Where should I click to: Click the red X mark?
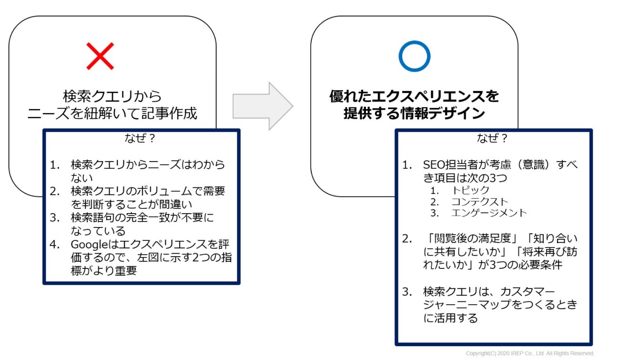click(x=100, y=56)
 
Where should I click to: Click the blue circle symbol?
click(x=414, y=56)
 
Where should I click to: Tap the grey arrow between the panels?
click(x=263, y=106)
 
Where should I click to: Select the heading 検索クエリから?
click(x=112, y=96)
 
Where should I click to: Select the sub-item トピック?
click(x=471, y=190)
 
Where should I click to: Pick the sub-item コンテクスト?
click(x=480, y=202)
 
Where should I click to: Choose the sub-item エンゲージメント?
click(x=489, y=213)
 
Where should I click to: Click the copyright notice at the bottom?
click(x=530, y=353)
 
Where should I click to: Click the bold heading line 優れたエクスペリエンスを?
click(x=414, y=97)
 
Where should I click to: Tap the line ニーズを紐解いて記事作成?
click(x=112, y=114)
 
